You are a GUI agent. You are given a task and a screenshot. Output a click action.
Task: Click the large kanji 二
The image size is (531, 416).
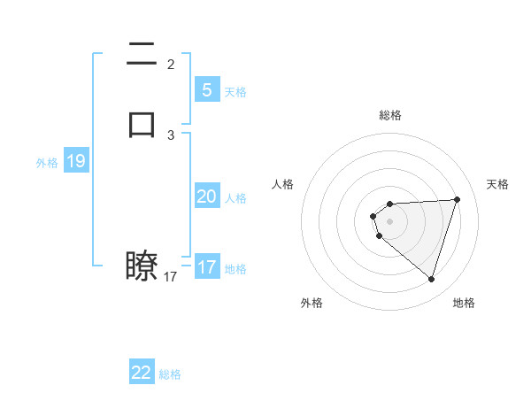[142, 55]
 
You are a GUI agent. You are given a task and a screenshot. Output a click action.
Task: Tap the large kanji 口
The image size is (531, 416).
[142, 124]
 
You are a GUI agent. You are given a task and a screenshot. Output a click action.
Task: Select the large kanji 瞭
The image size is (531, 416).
[142, 265]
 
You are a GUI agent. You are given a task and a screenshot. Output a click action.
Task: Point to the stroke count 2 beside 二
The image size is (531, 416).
[171, 65]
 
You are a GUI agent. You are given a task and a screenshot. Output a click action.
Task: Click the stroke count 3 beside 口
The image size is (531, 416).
[171, 135]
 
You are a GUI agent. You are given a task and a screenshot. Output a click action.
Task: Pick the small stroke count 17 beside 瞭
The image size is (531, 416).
[171, 277]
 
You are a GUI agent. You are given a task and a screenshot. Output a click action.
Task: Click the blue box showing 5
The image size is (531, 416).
[206, 89]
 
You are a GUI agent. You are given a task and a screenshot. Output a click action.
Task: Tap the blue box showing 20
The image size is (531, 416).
[206, 196]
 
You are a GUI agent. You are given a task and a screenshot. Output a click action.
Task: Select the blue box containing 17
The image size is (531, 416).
[206, 267]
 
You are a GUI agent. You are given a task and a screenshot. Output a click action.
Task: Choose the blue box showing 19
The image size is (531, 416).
[75, 161]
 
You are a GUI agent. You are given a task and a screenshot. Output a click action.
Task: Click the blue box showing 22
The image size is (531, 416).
[142, 373]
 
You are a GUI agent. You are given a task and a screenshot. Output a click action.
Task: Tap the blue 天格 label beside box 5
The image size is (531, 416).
[235, 91]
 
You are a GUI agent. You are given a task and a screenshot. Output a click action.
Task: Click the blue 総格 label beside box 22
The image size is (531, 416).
[170, 374]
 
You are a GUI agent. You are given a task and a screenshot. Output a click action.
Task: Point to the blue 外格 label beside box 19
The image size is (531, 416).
[47, 163]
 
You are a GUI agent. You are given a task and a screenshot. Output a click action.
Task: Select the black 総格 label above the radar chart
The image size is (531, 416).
[389, 115]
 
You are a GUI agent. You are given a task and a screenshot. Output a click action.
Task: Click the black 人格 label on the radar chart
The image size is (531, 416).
[283, 184]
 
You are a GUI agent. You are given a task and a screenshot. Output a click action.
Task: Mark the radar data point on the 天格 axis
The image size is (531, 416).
[458, 199]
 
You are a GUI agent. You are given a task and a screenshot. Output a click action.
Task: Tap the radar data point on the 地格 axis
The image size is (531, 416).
[431, 280]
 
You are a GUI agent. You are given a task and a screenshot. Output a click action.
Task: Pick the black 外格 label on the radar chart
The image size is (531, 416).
[312, 303]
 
